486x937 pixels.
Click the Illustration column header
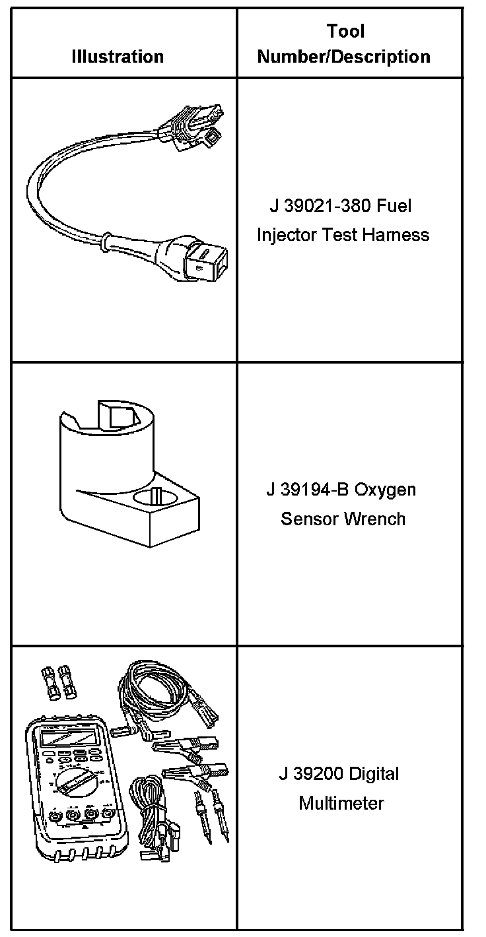(x=118, y=57)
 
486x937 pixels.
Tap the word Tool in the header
(x=346, y=31)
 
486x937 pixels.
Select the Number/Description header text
(x=343, y=57)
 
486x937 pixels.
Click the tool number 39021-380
(x=328, y=206)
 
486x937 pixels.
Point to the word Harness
(x=396, y=235)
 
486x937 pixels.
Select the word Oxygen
(x=385, y=490)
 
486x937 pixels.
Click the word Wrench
(x=374, y=519)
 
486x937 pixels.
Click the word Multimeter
(x=341, y=803)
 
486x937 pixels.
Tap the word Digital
(x=374, y=775)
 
